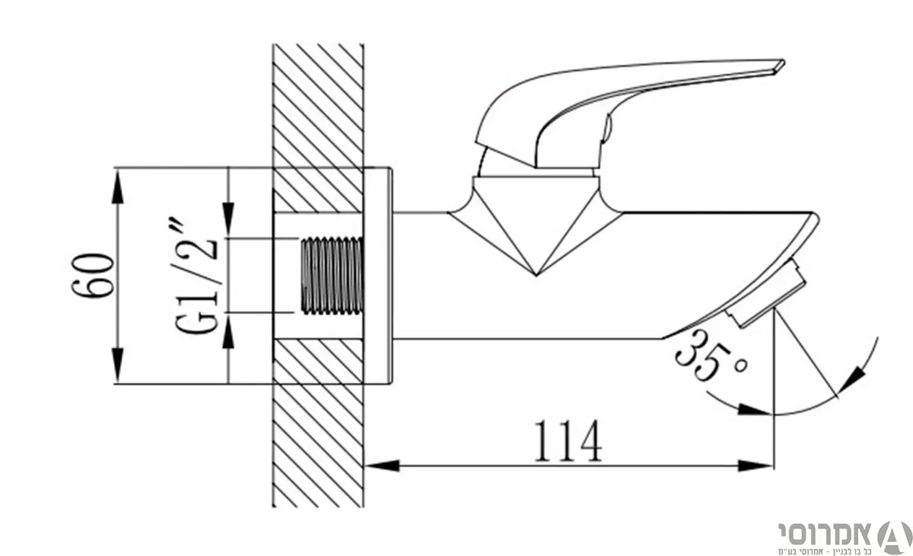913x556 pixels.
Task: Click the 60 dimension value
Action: (93, 276)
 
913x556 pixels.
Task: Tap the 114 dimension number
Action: (568, 441)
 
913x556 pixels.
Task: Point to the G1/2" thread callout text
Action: (196, 277)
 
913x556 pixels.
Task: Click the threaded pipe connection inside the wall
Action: (332, 276)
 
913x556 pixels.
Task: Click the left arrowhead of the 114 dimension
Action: (382, 465)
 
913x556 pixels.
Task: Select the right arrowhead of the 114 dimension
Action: (756, 465)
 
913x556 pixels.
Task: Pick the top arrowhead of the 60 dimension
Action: (117, 187)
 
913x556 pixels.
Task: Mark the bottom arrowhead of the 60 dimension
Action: (117, 364)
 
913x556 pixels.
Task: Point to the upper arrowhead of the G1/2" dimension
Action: (228, 219)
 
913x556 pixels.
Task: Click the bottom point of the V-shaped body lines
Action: (536, 276)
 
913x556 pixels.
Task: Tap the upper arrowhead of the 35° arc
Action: (852, 381)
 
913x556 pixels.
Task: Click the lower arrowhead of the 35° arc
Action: (754, 409)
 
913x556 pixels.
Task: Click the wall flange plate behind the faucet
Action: (378, 276)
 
